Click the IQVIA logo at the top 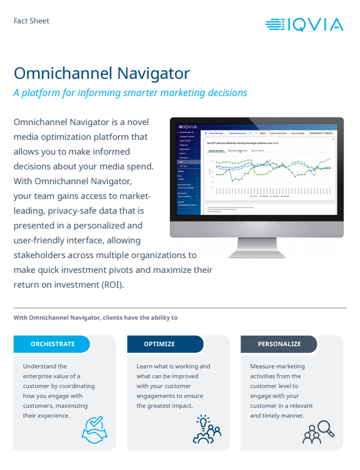[305, 24]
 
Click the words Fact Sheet [31, 21]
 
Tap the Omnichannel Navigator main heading [102, 73]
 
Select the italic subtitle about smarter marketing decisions [130, 93]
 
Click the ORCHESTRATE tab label [53, 344]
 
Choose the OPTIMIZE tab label [159, 344]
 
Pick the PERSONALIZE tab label [279, 344]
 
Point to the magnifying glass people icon [318, 430]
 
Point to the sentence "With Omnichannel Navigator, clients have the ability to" [95, 318]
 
